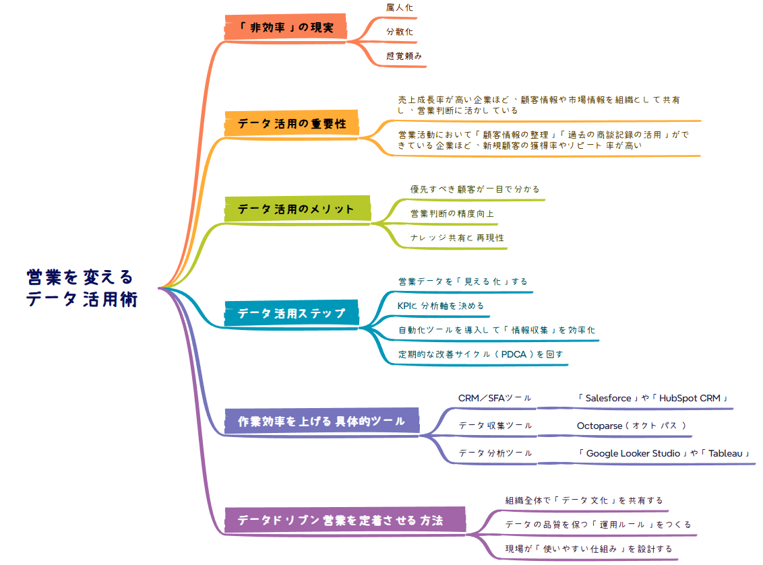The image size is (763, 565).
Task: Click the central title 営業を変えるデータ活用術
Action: (x=81, y=288)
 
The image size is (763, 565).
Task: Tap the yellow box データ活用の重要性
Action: (x=292, y=124)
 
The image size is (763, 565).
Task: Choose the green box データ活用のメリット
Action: (x=297, y=209)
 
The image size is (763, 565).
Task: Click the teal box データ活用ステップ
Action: (x=291, y=313)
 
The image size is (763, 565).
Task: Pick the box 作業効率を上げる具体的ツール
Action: (x=322, y=422)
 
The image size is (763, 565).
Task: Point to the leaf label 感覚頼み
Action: (x=404, y=57)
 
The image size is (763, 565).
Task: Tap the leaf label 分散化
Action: (x=400, y=32)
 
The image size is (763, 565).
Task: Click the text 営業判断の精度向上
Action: (x=452, y=213)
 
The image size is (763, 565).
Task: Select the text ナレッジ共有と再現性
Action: (x=457, y=238)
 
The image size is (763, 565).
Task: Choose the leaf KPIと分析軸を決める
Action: (x=441, y=306)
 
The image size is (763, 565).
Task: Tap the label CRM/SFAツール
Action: (x=495, y=398)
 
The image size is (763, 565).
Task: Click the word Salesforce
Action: (x=608, y=398)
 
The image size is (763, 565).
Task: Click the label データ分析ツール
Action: (x=495, y=453)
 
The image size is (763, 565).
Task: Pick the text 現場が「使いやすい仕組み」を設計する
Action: (x=588, y=549)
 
